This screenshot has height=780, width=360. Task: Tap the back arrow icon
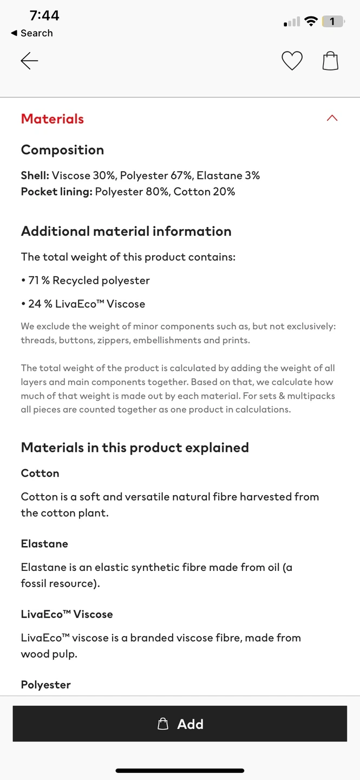(29, 61)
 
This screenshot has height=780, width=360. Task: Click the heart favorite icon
(292, 61)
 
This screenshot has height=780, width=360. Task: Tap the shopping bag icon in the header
(330, 61)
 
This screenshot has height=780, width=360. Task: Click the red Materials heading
(53, 119)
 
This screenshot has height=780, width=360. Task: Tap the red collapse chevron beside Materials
(332, 118)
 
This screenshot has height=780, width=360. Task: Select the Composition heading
(62, 150)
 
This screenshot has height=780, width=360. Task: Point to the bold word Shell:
(35, 175)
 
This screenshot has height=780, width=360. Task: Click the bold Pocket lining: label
(56, 192)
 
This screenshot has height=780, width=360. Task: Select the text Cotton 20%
(204, 192)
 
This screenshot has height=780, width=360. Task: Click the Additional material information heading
(126, 231)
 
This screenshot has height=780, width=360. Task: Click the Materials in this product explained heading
(135, 448)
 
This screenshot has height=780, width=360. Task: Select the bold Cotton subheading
(40, 473)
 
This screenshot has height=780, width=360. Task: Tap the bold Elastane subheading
(44, 544)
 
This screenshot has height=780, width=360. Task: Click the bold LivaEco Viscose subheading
(67, 614)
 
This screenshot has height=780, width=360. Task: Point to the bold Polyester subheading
(46, 685)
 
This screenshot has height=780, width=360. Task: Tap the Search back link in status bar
(32, 33)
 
